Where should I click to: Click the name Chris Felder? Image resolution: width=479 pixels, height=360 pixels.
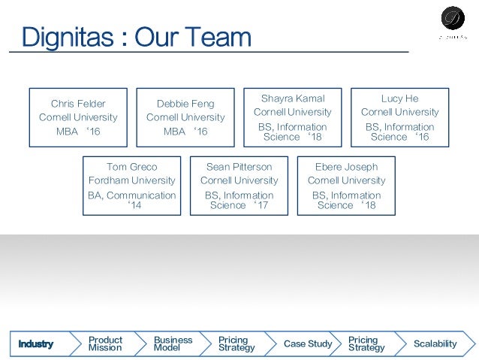click(x=78, y=103)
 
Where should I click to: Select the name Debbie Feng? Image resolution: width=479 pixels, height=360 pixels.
click(x=185, y=103)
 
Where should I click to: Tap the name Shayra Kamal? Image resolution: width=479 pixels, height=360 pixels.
click(x=293, y=98)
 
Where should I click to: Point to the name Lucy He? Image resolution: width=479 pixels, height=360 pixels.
click(x=399, y=98)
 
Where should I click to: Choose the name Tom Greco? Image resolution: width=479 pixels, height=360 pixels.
click(x=132, y=166)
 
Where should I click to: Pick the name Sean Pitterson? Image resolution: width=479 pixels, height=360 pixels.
click(x=239, y=166)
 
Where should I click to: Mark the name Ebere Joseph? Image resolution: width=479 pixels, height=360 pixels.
click(x=346, y=166)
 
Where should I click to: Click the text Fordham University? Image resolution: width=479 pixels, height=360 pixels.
click(x=132, y=180)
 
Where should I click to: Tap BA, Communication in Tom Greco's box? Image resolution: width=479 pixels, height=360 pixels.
click(x=132, y=195)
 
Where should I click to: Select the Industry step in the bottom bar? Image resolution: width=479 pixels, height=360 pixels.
click(x=36, y=343)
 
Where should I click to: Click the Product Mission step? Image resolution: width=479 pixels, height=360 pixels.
click(x=105, y=343)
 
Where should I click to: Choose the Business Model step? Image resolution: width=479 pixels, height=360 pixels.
click(x=173, y=343)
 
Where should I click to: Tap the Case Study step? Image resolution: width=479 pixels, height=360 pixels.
click(x=308, y=343)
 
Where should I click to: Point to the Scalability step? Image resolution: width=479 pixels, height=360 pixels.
click(x=435, y=343)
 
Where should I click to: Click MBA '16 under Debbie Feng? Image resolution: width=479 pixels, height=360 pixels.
click(x=185, y=132)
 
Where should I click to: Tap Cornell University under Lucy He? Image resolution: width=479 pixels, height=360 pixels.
click(x=399, y=112)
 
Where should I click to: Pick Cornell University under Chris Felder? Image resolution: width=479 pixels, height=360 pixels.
click(x=78, y=117)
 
